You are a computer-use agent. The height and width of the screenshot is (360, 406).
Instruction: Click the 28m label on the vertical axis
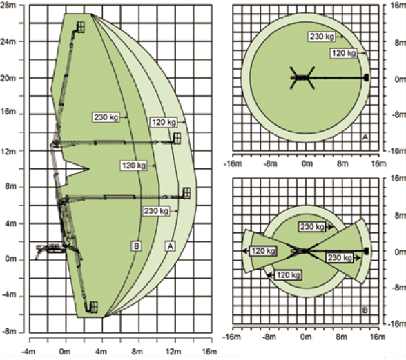(8, 5)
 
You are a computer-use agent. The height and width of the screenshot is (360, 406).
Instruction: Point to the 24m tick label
(8, 41)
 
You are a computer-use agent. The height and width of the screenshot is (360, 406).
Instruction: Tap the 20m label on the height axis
(8, 78)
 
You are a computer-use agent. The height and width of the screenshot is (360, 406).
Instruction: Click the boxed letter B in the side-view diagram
(137, 246)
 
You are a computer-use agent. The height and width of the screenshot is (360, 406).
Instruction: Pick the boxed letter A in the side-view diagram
(170, 246)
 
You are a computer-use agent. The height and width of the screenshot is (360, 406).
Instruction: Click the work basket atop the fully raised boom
(81, 27)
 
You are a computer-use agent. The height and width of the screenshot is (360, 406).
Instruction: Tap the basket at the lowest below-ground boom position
(93, 307)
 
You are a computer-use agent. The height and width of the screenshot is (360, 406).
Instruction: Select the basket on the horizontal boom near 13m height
(177, 138)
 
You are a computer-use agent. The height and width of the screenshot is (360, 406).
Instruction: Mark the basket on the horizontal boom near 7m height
(186, 193)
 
